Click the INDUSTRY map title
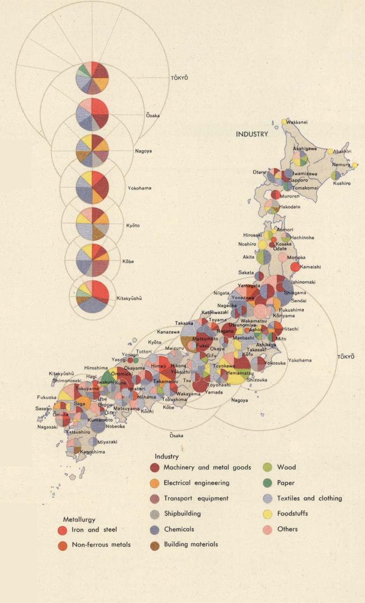point(252,134)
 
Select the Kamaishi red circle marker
point(295,267)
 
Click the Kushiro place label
point(342,183)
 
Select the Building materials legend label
point(190,544)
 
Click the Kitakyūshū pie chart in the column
point(92,297)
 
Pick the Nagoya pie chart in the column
point(92,151)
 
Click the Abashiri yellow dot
point(330,151)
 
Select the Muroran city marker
point(276,194)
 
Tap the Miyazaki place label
point(107,442)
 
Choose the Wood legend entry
point(286,467)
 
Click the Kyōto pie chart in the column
point(92,224)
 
